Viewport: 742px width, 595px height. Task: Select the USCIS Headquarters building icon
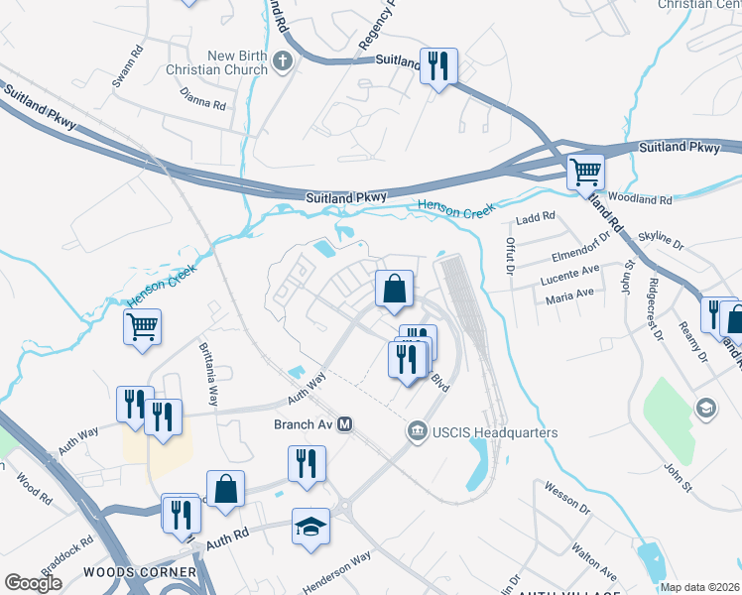point(417,432)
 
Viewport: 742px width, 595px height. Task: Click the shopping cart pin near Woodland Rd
point(585,173)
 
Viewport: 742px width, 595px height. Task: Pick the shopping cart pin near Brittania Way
point(142,325)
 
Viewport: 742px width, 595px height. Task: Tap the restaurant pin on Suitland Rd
point(437,66)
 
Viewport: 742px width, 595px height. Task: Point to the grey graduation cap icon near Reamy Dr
point(704,408)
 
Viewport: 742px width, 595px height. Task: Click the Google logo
point(34,583)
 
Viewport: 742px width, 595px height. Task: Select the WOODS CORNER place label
point(133,572)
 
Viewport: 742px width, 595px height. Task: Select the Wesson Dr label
point(567,498)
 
